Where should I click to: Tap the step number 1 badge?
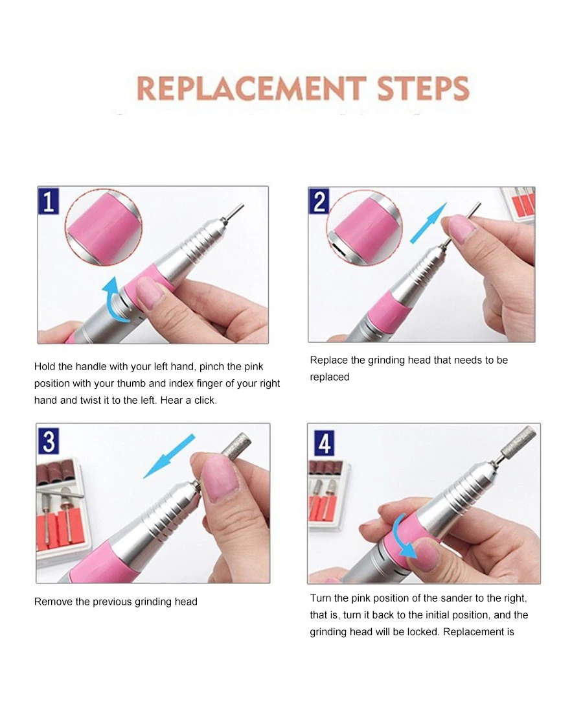49,200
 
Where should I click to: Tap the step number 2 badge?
319,201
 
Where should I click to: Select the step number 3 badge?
49,441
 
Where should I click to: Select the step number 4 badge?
325,443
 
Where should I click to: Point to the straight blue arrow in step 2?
429,223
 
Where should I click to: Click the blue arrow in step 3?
169,456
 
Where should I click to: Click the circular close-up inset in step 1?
103,227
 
